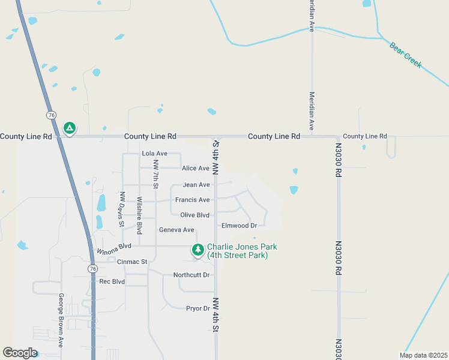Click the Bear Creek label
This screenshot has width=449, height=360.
406,55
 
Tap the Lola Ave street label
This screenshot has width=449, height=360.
154,154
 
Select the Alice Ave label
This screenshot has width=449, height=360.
196,169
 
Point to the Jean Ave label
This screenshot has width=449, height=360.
196,185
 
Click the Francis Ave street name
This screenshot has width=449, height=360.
192,200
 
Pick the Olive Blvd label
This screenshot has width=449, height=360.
194,215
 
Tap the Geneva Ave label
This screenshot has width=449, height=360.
176,230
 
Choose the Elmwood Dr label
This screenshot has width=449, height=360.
239,226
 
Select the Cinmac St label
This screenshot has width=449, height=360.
132,262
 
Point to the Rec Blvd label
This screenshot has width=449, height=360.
112,281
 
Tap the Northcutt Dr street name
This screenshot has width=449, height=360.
191,275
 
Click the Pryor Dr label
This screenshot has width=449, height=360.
197,308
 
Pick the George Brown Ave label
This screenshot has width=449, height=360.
61,320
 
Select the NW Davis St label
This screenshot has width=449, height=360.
122,209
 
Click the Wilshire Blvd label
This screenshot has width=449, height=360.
139,215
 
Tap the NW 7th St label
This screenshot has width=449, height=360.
155,174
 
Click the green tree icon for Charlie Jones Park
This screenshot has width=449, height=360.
197,249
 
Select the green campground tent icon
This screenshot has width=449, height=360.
70,128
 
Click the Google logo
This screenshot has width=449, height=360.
20,353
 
